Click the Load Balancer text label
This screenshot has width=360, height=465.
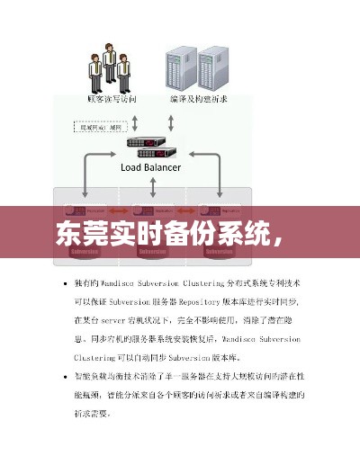click(x=150, y=166)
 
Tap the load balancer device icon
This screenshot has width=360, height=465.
click(x=148, y=144)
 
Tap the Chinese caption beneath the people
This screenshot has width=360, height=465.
click(x=111, y=99)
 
